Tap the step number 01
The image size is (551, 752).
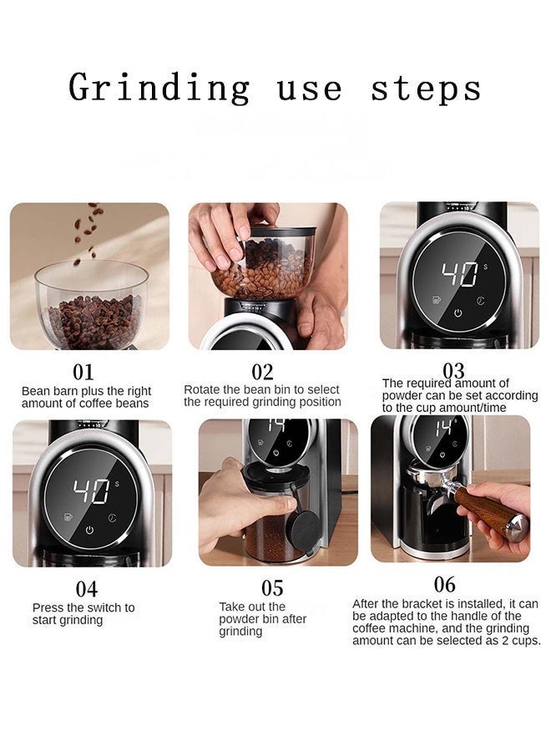tap(83, 372)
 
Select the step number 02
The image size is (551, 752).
tap(263, 372)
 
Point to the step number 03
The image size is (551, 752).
tap(453, 369)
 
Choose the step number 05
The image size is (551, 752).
tap(272, 588)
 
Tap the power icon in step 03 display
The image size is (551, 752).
tap(458, 313)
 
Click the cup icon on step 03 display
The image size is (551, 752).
tap(436, 299)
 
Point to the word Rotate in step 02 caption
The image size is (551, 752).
tap(200, 389)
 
